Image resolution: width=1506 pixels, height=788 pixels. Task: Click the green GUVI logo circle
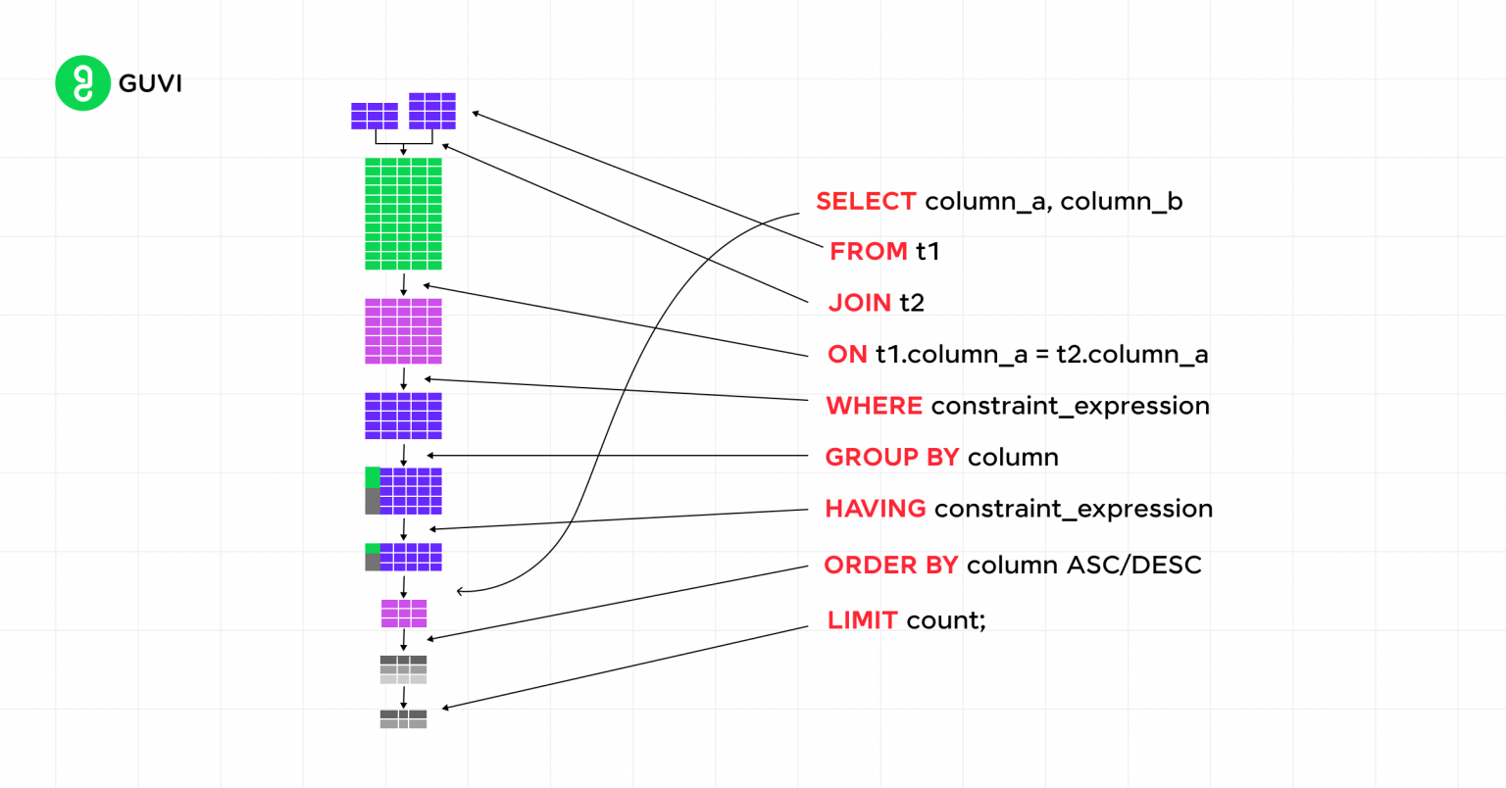pos(82,83)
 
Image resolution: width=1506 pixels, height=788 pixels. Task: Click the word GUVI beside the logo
pos(150,83)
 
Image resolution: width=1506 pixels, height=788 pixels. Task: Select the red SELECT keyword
pos(866,201)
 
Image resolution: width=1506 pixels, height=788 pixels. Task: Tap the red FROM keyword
pos(869,251)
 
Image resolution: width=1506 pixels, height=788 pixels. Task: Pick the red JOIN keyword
pos(860,303)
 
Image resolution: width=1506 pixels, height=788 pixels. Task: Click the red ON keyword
pos(847,354)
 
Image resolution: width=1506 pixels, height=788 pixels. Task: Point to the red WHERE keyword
pos(874,406)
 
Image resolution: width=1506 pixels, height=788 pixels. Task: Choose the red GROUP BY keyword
pos(891,457)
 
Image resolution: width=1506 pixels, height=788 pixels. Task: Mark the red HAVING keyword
pos(875,509)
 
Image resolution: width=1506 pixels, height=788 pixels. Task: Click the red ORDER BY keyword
pos(890,566)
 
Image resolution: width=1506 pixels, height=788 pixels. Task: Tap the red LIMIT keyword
pos(863,620)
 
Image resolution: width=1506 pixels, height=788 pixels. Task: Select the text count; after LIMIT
pos(946,620)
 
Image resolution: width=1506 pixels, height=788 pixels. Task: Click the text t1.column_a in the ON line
pos(951,354)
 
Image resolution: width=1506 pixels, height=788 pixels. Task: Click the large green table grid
pos(403,214)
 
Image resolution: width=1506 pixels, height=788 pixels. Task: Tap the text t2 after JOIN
pos(912,303)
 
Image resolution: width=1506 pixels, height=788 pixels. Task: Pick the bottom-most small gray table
pos(403,719)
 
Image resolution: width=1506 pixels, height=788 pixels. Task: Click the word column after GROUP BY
pos(1013,457)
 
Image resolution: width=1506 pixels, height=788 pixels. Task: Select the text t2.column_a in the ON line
pos(1131,354)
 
